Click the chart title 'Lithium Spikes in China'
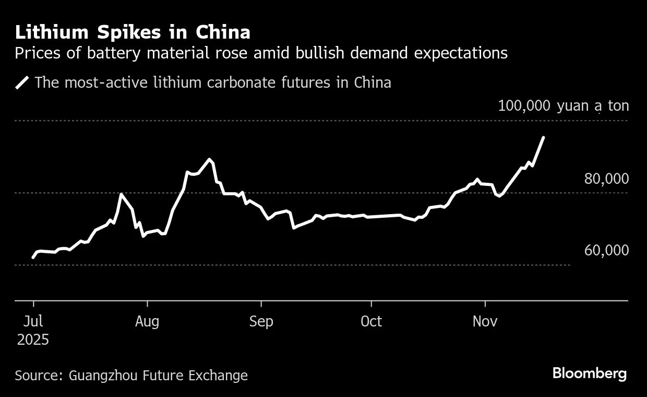(x=133, y=32)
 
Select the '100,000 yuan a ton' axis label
(x=563, y=106)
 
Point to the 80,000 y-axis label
(x=606, y=179)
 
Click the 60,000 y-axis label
(x=606, y=250)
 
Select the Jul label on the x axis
(x=33, y=321)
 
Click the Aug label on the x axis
(x=147, y=321)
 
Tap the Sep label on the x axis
(x=261, y=321)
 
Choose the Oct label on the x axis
(x=371, y=321)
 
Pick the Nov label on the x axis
(x=485, y=321)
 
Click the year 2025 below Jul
(x=33, y=340)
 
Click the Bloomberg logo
(x=589, y=373)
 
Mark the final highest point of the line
(x=544, y=137)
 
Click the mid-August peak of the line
(x=209, y=159)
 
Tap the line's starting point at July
(x=33, y=258)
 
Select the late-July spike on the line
(x=121, y=194)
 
